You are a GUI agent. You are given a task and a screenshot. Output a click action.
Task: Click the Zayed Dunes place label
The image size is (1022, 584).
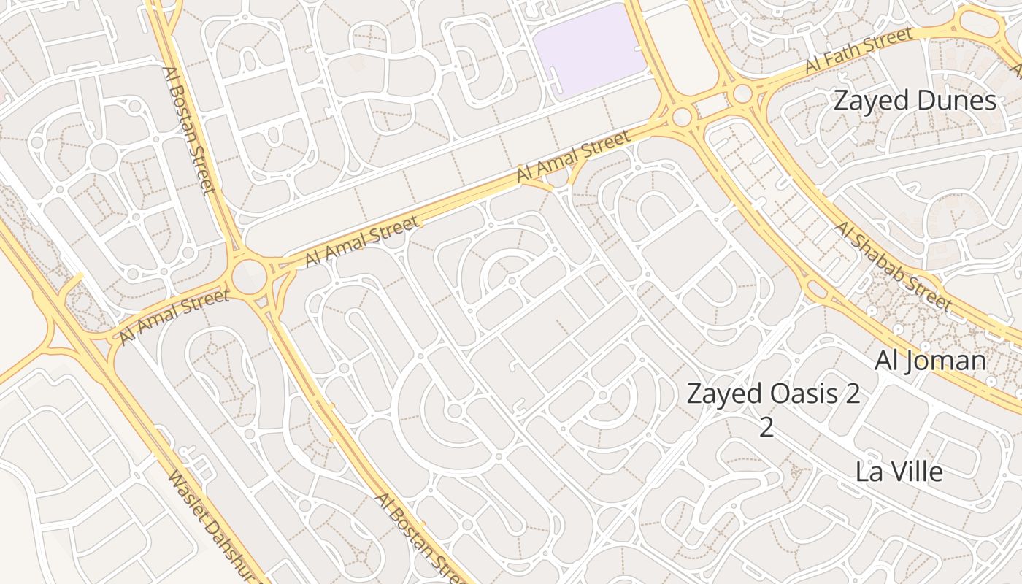click(x=915, y=101)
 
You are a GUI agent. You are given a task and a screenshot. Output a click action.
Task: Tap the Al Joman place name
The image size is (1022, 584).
click(x=930, y=361)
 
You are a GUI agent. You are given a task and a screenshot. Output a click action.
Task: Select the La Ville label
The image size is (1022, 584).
click(x=899, y=472)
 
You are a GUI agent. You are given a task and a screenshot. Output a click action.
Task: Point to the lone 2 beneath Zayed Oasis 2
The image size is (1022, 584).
click(x=766, y=427)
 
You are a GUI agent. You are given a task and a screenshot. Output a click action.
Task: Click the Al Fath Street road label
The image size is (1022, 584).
click(x=858, y=50)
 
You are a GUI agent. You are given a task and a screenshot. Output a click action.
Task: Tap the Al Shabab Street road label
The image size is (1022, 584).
click(x=894, y=266)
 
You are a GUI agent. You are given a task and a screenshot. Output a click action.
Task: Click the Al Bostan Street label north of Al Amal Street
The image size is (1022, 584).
click(x=189, y=130)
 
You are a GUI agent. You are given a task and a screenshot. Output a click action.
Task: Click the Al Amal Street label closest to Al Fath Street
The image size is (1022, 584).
click(x=573, y=157)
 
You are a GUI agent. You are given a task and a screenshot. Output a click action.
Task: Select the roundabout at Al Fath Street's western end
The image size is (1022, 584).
click(x=742, y=93)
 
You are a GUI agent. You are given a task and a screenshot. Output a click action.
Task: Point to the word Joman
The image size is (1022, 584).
click(x=949, y=361)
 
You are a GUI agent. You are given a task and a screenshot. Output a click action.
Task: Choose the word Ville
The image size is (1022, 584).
click(x=915, y=472)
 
